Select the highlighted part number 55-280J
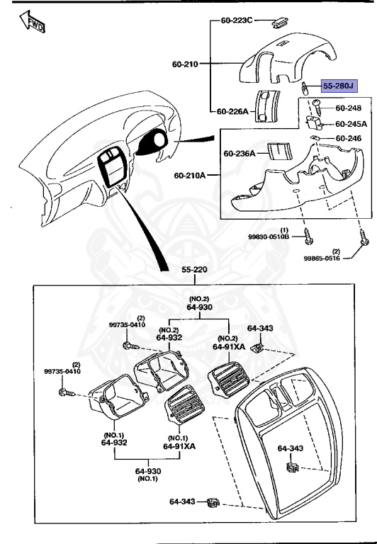(x=339, y=86)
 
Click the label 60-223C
(x=237, y=21)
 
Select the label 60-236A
(x=239, y=152)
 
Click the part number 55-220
(x=193, y=270)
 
